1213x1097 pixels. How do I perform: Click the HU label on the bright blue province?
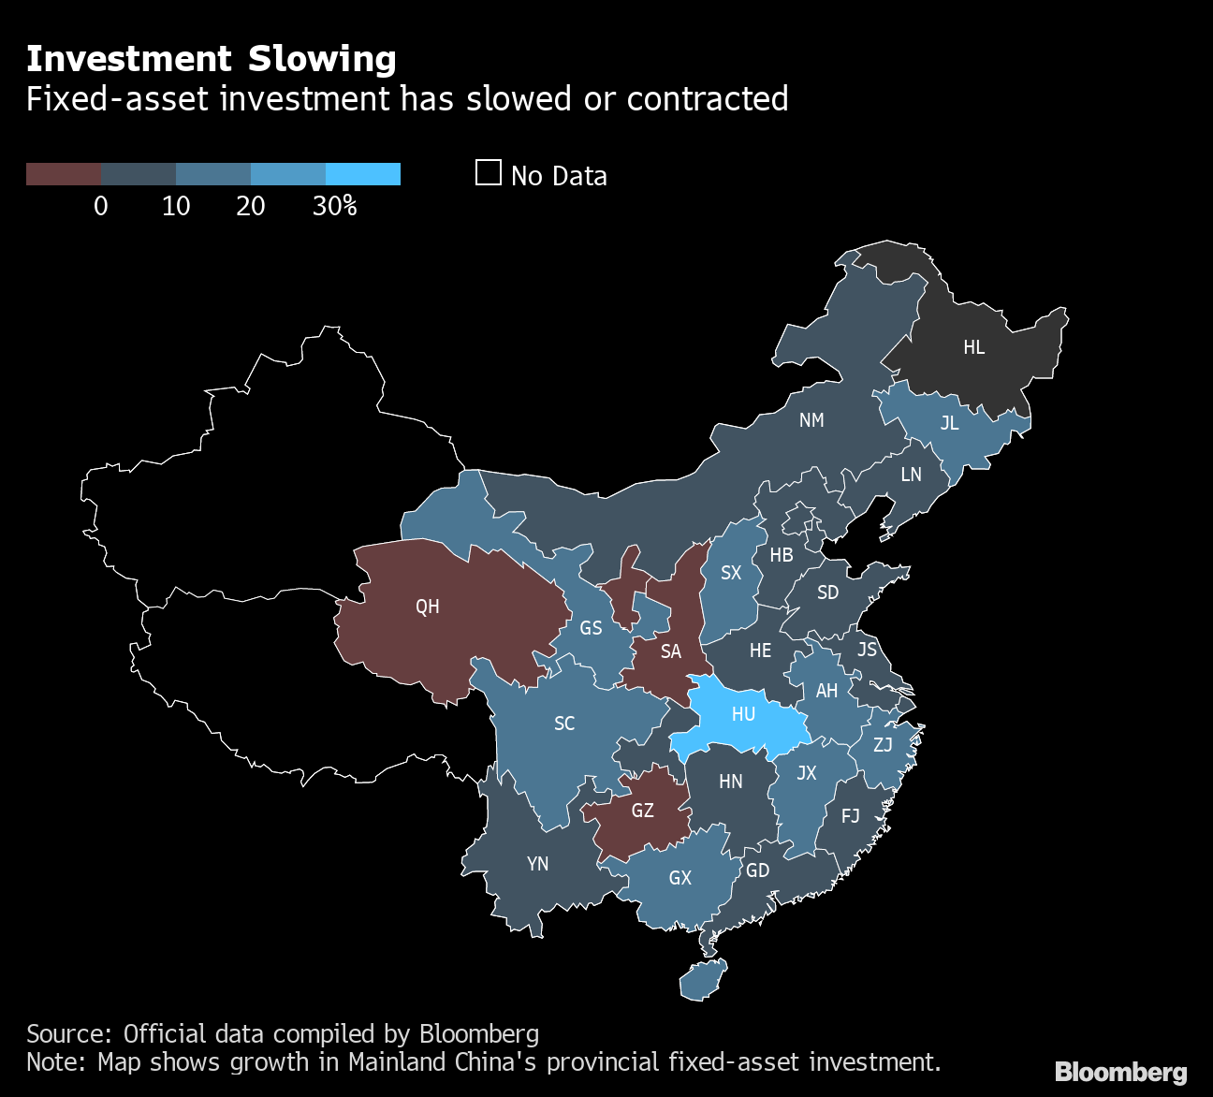743,714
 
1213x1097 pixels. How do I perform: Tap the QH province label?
427,607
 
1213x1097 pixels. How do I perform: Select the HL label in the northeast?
973,347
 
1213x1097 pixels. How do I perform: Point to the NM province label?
811,420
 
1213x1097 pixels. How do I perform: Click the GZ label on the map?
642,811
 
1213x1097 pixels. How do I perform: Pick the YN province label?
537,864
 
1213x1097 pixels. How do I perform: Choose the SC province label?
564,724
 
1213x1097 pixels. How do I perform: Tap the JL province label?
949,423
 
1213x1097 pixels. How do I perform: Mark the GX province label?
680,878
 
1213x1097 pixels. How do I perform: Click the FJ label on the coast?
850,816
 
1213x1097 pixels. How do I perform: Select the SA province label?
670,651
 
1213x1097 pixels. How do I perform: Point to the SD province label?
827,592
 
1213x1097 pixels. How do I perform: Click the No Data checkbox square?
488,173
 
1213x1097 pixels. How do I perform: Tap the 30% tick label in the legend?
334,206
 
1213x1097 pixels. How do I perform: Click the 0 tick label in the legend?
101,206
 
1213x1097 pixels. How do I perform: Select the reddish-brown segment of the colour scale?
63,174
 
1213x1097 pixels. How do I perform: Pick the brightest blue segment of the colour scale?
363,174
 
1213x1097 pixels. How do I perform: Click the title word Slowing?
322,59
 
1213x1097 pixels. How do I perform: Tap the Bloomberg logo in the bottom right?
1120,1072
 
